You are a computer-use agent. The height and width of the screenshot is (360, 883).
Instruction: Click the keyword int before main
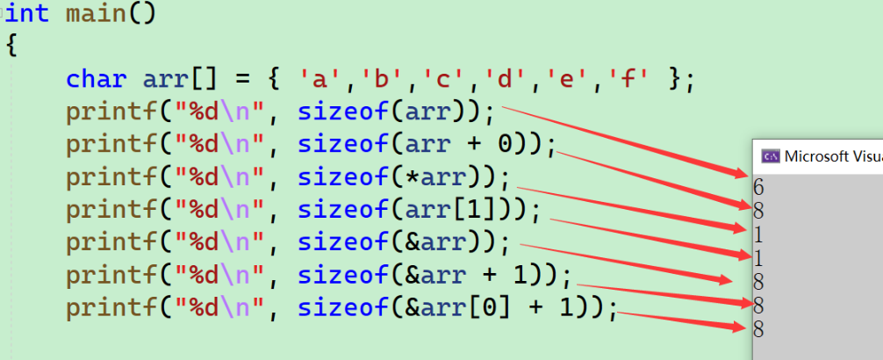tap(30, 14)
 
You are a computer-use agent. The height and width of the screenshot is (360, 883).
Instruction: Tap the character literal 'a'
tap(318, 80)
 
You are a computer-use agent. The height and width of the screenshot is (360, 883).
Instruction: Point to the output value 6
tap(758, 187)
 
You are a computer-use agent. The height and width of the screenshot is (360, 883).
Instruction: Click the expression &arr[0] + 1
tap(503, 307)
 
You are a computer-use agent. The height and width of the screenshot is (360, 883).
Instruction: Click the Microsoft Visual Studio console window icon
tap(771, 155)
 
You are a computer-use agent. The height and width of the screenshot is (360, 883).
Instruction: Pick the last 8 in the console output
tap(758, 329)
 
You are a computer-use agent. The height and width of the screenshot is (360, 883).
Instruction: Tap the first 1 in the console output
tap(758, 234)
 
